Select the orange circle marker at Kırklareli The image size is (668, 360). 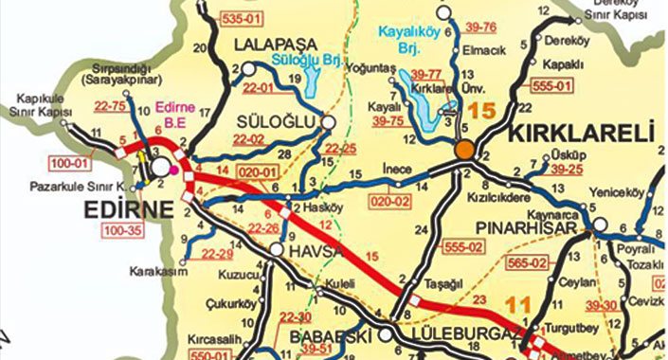[x=464, y=150]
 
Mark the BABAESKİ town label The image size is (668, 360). [x=334, y=335]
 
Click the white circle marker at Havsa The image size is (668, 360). [x=276, y=250]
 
